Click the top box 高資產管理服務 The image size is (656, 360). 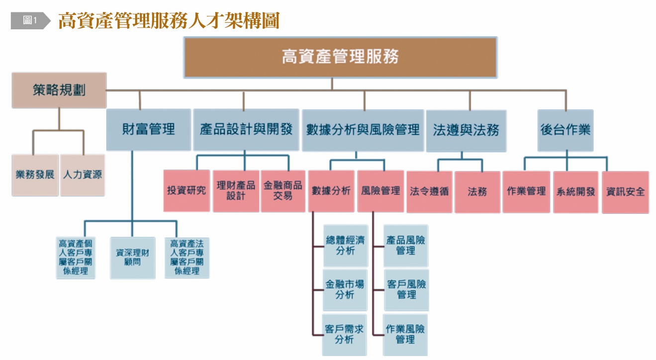tap(340, 57)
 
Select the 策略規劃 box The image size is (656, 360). tap(59, 90)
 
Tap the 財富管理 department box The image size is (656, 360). tap(149, 130)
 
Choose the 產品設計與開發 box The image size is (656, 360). tap(246, 130)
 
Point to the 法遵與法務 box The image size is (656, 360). tap(466, 131)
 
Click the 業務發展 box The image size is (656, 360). tap(35, 175)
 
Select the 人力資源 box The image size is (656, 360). tap(83, 175)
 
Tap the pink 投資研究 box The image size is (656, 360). tap(187, 191)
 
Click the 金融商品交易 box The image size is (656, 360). tap(283, 191)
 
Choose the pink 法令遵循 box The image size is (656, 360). tap(429, 191)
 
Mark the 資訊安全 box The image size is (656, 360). tap(625, 192)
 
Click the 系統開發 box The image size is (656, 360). tap(576, 192)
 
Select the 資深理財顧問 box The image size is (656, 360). tap(132, 257)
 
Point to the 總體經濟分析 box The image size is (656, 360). tap(345, 246)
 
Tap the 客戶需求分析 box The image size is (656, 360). tap(345, 335)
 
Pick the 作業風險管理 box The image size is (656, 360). tap(406, 334)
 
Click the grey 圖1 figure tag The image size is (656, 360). tap(30, 20)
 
